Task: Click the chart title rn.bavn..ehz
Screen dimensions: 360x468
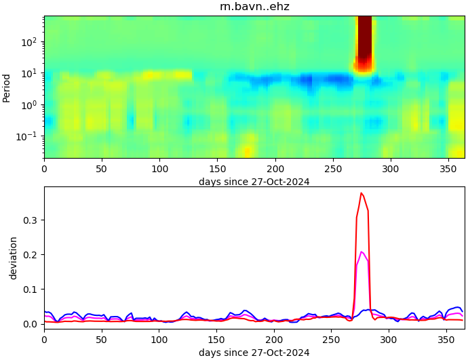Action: coord(254,7)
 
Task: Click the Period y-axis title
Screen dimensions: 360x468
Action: coord(7,87)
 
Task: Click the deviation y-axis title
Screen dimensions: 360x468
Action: coord(13,258)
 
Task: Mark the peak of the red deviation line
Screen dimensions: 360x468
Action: coord(362,193)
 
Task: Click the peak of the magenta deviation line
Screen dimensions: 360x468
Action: coord(362,252)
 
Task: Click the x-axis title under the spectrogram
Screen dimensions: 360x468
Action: coord(254,182)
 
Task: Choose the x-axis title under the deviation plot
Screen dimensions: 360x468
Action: coord(254,353)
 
